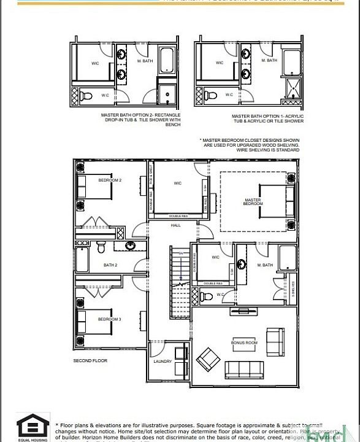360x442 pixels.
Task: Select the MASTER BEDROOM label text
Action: [253, 201]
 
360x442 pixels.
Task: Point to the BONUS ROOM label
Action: [243, 342]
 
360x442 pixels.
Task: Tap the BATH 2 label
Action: [110, 265]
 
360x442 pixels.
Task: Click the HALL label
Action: [177, 225]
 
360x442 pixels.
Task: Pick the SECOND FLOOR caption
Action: [90, 360]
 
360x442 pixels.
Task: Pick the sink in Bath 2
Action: [131, 246]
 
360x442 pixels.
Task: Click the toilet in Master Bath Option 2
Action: [86, 95]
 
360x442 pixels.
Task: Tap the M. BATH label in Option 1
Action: [269, 60]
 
